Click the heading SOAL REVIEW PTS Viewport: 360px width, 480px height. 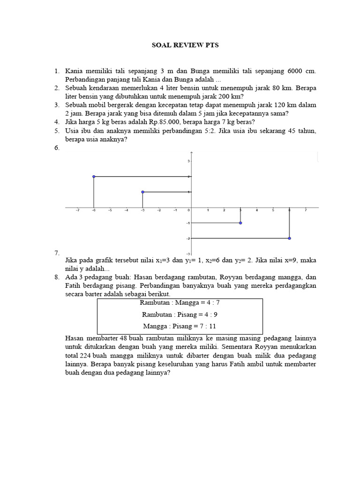(x=185, y=45)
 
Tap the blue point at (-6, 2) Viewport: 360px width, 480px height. (x=94, y=177)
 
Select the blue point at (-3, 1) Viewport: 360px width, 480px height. (x=142, y=192)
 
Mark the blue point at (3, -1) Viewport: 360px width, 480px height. (x=240, y=223)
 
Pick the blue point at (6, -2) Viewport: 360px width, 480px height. (x=289, y=239)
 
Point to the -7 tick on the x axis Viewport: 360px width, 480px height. (x=77, y=210)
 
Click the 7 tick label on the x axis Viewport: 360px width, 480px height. (x=306, y=210)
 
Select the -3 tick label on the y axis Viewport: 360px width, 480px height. (x=187, y=253)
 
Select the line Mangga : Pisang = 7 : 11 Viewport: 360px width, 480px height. (x=180, y=326)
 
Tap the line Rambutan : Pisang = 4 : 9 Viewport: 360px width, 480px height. (x=180, y=315)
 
